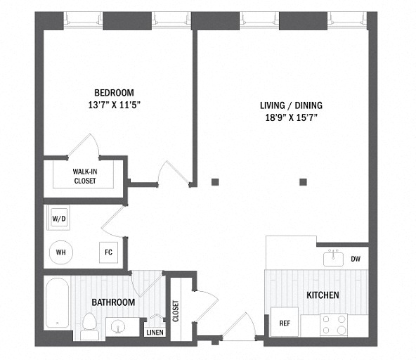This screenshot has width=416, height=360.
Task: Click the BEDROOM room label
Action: click(114, 93)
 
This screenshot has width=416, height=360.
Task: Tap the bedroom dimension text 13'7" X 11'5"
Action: click(114, 105)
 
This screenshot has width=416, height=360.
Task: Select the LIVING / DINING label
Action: click(292, 105)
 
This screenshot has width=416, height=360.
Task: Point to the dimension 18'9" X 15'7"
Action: click(292, 117)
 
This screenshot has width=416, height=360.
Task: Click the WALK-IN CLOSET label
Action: click(85, 176)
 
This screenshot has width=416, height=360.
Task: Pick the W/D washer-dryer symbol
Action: click(59, 218)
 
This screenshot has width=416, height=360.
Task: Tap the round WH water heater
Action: click(61, 252)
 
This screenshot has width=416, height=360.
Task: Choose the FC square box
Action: click(108, 252)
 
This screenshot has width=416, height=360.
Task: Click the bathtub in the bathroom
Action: click(58, 302)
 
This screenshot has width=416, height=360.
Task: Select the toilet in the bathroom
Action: click(89, 326)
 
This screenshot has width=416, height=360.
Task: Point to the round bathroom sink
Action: click(118, 326)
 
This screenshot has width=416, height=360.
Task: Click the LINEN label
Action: click(155, 332)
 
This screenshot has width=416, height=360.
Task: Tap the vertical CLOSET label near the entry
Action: click(176, 311)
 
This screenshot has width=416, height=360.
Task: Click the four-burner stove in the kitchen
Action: click(334, 325)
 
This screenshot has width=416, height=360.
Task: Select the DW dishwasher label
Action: click(356, 259)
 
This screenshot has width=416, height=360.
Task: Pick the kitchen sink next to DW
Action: click(333, 258)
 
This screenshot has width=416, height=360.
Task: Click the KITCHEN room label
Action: click(323, 295)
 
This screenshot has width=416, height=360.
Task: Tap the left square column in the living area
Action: click(215, 182)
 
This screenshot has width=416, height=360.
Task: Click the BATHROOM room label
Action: click(113, 302)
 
